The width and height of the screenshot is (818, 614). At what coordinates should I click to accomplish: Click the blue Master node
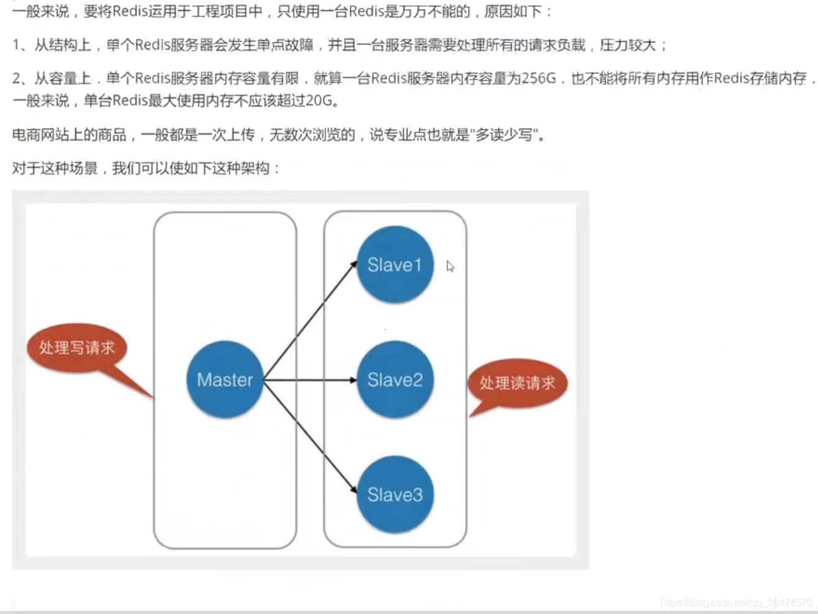click(225, 380)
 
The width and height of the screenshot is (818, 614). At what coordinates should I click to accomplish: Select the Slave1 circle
click(395, 265)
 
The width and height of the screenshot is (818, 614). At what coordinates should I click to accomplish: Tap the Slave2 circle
click(395, 380)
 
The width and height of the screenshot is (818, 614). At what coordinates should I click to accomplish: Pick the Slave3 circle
click(395, 494)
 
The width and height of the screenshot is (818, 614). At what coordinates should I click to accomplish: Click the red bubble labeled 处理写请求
click(77, 347)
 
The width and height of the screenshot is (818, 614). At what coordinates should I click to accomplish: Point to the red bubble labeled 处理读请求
click(517, 383)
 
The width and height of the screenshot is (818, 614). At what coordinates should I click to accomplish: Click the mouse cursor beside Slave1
click(450, 266)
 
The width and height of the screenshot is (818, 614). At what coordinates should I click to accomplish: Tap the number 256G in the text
click(538, 78)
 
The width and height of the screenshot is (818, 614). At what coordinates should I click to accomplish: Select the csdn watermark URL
click(737, 603)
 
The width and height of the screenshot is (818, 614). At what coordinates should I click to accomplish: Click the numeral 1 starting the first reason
click(16, 45)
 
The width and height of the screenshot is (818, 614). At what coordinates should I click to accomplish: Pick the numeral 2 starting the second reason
click(17, 78)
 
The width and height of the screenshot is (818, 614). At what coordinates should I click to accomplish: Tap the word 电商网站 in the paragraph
click(40, 135)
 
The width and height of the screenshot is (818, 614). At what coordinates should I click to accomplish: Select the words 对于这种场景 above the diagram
click(55, 168)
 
